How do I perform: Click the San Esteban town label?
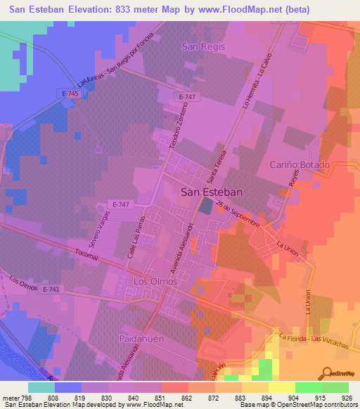click(212, 191)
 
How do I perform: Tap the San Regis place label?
click(203, 46)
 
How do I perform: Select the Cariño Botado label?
click(300, 164)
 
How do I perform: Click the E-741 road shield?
click(51, 289)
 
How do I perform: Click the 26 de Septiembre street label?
click(239, 214)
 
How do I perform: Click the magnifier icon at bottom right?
click(329, 372)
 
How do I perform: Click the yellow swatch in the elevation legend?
click(281, 387)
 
